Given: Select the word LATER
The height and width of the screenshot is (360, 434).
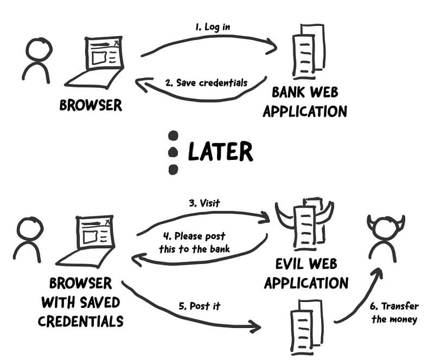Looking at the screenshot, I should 220,152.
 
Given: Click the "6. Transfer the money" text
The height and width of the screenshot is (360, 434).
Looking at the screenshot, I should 395,313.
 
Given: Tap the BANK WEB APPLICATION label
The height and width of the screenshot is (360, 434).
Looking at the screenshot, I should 309,101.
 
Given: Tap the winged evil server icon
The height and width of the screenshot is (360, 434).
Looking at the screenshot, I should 304,222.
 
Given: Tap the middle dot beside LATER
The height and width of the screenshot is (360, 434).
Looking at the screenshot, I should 173,152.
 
